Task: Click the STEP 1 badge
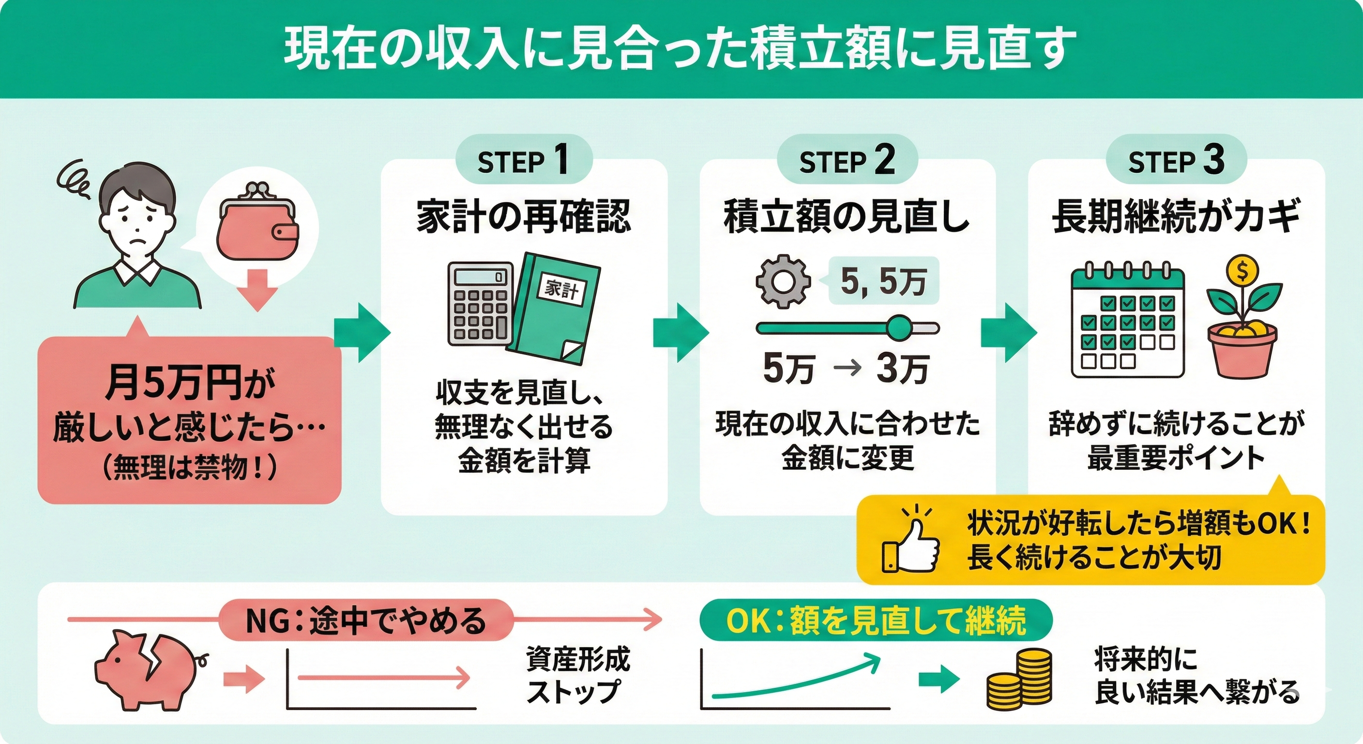[x=523, y=160]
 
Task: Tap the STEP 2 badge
[x=847, y=160]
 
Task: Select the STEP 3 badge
[x=1176, y=160]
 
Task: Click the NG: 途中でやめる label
[x=366, y=620]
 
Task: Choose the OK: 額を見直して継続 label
[x=876, y=620]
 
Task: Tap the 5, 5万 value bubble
[x=883, y=281]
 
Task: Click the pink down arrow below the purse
[x=257, y=290]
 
